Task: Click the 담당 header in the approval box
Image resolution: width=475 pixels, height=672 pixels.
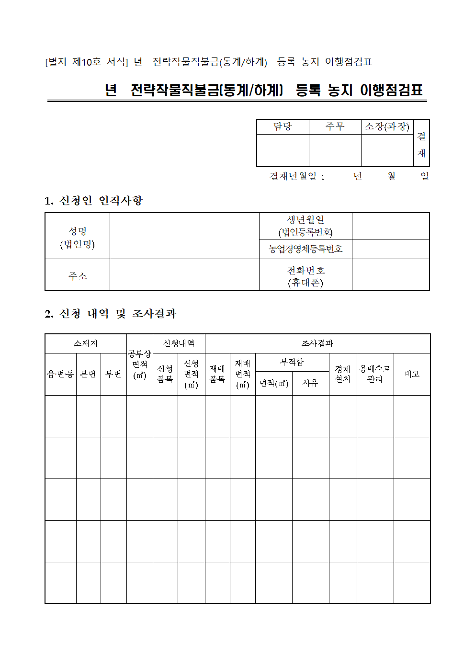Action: tap(283, 126)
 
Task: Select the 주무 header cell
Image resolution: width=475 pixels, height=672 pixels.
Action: tap(335, 126)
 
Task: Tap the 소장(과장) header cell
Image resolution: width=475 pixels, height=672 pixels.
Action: tap(387, 126)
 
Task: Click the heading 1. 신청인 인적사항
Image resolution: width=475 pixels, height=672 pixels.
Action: tap(94, 201)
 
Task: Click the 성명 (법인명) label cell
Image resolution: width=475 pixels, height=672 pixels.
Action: tap(78, 237)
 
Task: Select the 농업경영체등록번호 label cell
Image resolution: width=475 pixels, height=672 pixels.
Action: tap(305, 249)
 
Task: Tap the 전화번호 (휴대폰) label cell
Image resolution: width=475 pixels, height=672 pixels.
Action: tap(305, 276)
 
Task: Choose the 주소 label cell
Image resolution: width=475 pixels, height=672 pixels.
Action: tap(78, 276)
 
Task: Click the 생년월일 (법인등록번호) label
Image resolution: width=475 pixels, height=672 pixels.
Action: tap(305, 226)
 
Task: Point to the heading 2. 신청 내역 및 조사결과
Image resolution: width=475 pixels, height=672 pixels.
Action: tap(111, 314)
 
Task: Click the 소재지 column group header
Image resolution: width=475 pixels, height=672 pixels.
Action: tap(86, 343)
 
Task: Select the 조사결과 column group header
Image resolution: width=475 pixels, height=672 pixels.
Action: tap(317, 343)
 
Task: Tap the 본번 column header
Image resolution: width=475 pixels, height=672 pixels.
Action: tap(88, 374)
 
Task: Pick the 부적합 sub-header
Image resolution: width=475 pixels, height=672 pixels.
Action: tap(292, 362)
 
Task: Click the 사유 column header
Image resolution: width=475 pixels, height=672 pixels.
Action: tap(310, 383)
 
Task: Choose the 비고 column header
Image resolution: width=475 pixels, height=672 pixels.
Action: tap(412, 374)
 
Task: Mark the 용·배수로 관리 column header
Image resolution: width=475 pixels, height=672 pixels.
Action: tap(375, 374)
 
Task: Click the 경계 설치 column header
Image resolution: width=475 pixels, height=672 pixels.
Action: tap(342, 374)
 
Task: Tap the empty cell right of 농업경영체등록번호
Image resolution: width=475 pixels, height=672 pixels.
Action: tap(391, 249)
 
